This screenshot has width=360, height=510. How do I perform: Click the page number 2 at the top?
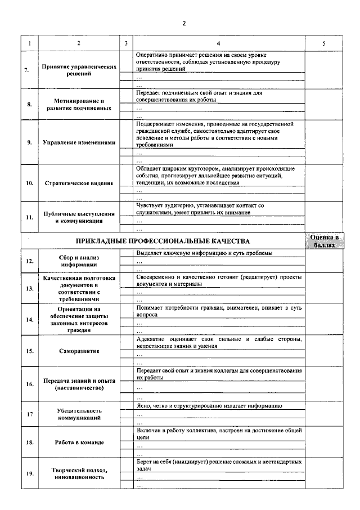[183, 23]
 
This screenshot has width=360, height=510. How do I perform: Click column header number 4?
[219, 43]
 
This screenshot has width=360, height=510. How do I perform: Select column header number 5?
[323, 43]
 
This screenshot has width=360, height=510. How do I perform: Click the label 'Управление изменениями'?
[79, 142]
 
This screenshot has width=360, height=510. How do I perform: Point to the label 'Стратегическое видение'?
[79, 183]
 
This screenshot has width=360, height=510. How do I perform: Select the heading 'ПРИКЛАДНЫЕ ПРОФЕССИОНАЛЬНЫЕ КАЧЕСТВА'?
[163, 241]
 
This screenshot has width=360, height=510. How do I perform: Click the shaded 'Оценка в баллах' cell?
[324, 241]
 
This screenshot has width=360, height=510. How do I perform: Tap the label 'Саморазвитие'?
[79, 351]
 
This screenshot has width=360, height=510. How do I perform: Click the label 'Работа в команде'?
[79, 442]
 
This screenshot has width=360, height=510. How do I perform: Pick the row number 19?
[28, 473]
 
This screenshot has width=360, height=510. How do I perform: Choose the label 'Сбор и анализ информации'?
[79, 261]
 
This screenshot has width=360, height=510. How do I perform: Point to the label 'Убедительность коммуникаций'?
[79, 414]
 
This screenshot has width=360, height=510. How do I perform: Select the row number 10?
[28, 183]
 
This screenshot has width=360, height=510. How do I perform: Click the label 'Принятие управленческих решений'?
[79, 70]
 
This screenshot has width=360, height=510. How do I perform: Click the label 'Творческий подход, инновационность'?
[79, 473]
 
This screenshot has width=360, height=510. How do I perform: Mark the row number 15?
[28, 351]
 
